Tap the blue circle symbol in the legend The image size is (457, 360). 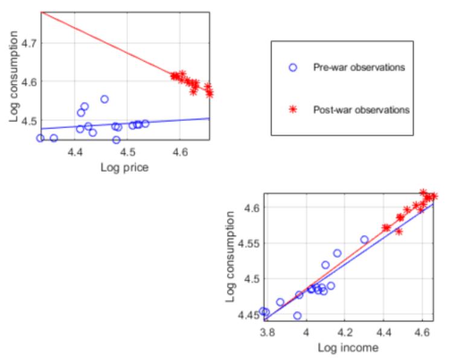[x=293, y=67]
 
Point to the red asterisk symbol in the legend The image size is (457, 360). [x=293, y=110]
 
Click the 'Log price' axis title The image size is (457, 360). [x=124, y=167]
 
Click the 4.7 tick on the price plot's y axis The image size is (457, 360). [x=27, y=43]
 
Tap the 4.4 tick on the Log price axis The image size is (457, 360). [x=75, y=153]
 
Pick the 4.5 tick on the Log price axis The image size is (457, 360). [x=128, y=153]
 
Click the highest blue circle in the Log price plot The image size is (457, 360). [x=104, y=99]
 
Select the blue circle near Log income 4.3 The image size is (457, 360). [x=364, y=240]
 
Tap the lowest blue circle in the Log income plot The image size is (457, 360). [x=297, y=315]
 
